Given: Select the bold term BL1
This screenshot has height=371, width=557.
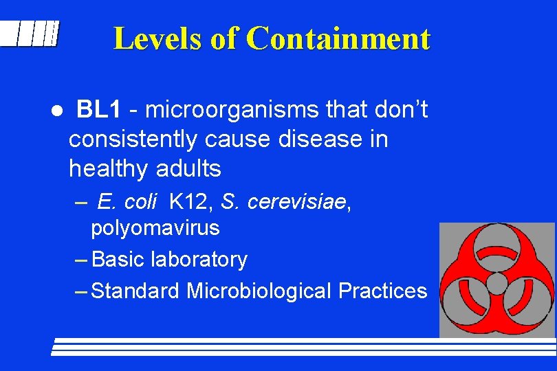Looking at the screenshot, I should click(99, 109).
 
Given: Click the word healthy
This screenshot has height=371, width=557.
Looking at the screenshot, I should click(109, 168).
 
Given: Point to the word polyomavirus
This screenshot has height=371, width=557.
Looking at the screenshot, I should click(155, 227).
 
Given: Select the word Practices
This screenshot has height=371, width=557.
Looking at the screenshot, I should click(382, 291).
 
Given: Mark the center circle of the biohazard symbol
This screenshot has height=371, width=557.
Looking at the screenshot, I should click(496, 282).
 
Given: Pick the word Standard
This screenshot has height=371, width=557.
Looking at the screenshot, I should click(135, 291).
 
